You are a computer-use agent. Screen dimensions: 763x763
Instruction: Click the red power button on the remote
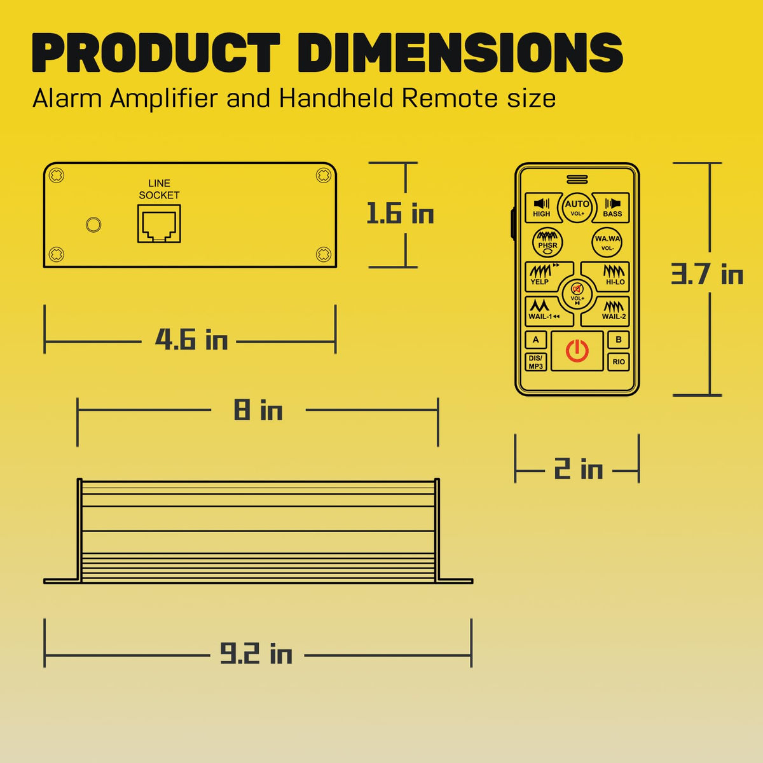click(x=577, y=351)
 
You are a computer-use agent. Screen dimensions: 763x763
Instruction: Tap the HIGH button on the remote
click(x=542, y=208)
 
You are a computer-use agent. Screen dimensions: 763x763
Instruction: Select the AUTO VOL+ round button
click(x=577, y=207)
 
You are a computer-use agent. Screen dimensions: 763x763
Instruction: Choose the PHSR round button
click(x=547, y=242)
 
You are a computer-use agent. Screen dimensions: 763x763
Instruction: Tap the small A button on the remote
click(x=536, y=340)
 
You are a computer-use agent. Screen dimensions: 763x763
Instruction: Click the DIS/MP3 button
click(x=536, y=362)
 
